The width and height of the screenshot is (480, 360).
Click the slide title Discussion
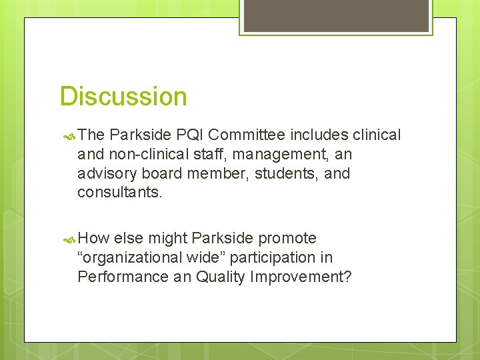(x=123, y=97)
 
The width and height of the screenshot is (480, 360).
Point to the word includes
(x=319, y=135)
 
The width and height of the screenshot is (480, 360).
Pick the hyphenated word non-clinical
(x=143, y=155)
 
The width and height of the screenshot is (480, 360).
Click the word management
(x=277, y=155)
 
